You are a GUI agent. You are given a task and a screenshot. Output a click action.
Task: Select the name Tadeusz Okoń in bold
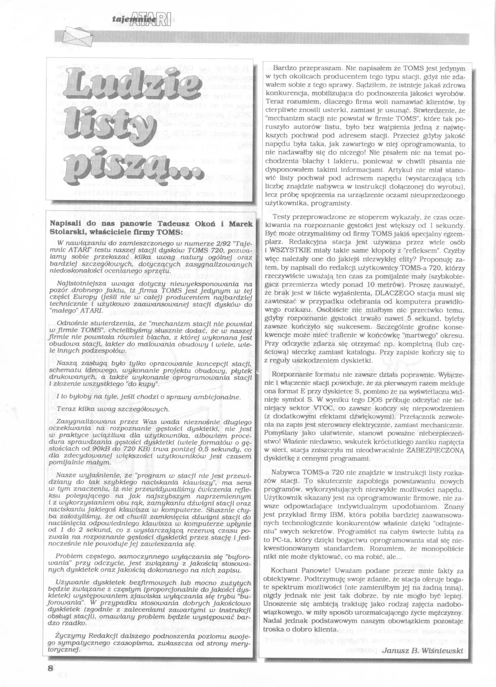point(160,223)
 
